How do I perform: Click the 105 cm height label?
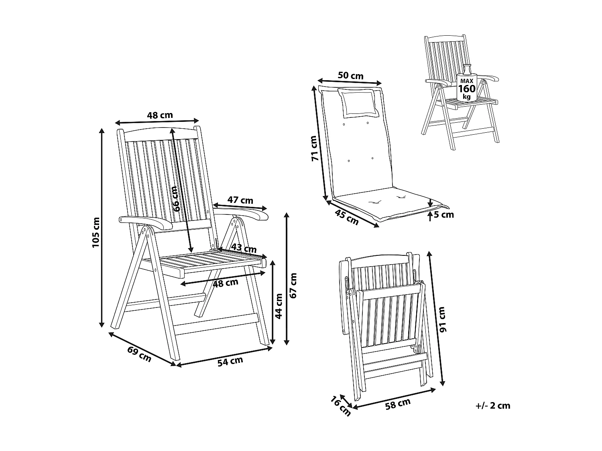96,233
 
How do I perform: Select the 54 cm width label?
230,361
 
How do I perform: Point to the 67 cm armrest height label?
294,285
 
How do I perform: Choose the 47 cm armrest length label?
240,200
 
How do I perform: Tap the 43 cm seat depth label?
244,249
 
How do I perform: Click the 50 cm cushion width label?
350,75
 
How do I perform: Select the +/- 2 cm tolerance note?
493,406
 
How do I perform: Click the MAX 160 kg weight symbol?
466,86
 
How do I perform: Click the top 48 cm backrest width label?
160,115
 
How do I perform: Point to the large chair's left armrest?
145,222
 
